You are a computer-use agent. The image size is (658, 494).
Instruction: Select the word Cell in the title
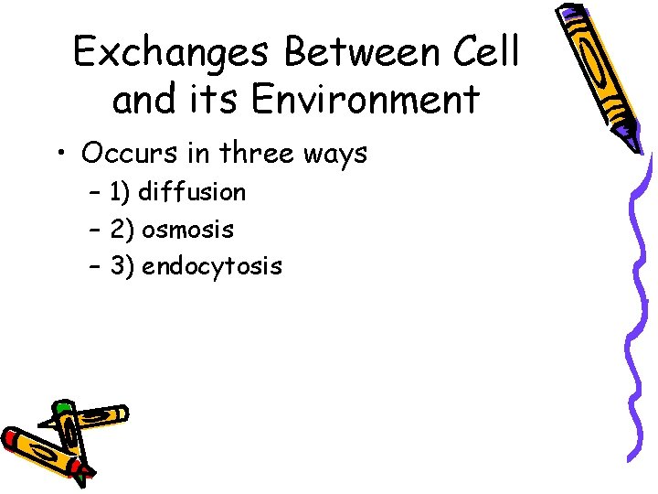486,52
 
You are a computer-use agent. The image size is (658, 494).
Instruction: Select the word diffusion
192,192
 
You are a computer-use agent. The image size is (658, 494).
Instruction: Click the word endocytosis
212,266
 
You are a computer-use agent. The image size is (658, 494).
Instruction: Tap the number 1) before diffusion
119,192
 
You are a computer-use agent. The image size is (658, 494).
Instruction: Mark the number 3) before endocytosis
121,266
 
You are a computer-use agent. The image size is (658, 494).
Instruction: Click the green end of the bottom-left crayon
61,407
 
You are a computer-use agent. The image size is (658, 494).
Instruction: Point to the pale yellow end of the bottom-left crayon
119,413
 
